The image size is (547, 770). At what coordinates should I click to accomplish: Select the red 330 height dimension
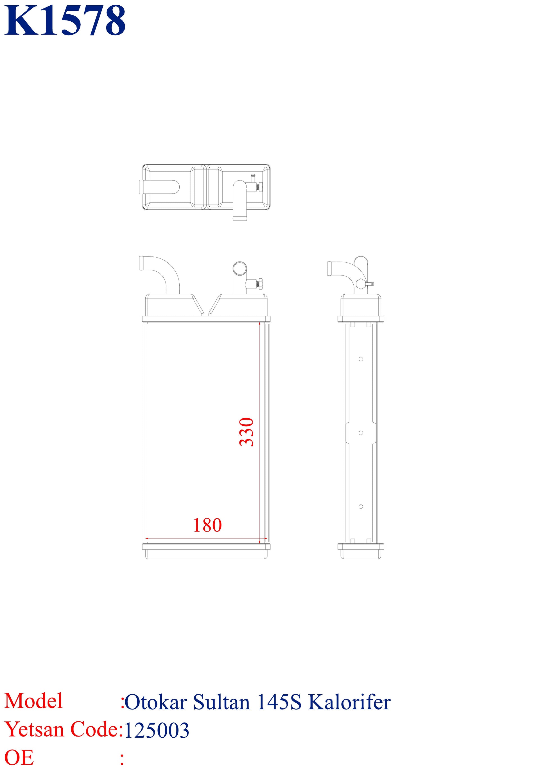tap(246, 432)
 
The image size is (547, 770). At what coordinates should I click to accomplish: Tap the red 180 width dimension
tap(207, 525)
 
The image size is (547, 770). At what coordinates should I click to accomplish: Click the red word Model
tap(33, 701)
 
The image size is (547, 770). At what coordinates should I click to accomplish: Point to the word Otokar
tap(156, 702)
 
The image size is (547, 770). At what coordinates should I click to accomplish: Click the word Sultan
tap(221, 702)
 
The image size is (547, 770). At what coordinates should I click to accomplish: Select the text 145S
tap(279, 702)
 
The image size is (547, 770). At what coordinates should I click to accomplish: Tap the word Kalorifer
tap(349, 702)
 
